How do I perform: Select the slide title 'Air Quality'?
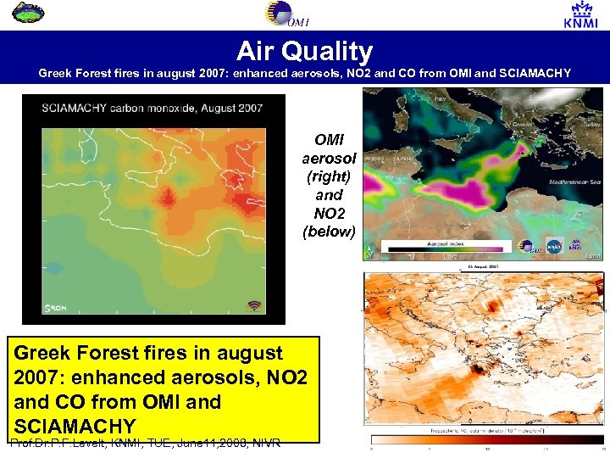tap(304, 51)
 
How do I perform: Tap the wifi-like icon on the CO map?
tap(253, 305)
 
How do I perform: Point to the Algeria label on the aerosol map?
tap(376, 159)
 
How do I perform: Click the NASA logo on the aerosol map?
tap(555, 246)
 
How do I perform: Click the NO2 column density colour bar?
tap(484, 439)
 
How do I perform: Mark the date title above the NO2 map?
tap(484, 267)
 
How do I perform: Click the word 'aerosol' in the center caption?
tap(329, 159)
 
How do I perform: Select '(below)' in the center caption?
tap(329, 230)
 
